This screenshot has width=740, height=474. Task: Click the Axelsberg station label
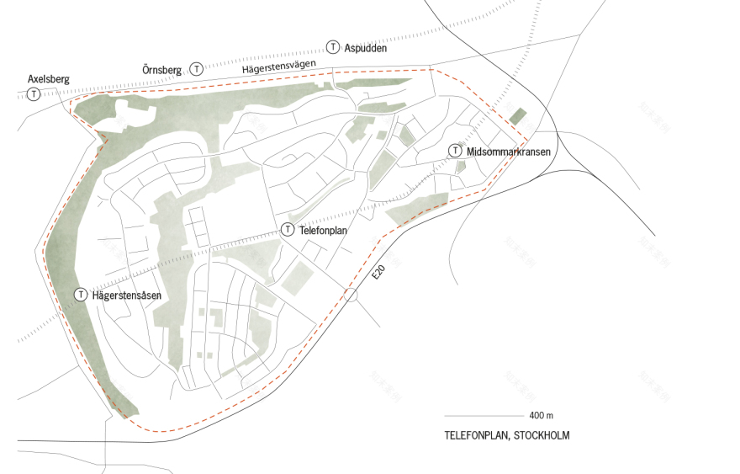tap(48, 79)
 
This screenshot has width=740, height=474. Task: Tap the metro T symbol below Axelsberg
tap(34, 93)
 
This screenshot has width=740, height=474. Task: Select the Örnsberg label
tap(162, 67)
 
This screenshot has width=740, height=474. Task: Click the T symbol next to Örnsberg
tap(197, 68)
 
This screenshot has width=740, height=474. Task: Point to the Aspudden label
tap(366, 48)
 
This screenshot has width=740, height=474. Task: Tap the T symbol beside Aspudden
tap(334, 48)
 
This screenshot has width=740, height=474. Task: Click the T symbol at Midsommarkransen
tap(455, 151)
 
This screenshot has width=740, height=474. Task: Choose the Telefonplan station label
tap(324, 229)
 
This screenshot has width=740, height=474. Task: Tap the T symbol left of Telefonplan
tap(288, 229)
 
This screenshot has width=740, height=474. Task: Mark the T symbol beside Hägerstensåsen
tap(81, 295)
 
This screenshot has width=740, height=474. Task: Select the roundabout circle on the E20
tap(351, 294)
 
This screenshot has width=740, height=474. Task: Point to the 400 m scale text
tap(542, 416)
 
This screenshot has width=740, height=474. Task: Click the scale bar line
tap(484, 416)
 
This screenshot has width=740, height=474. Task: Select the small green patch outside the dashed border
tap(517, 116)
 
